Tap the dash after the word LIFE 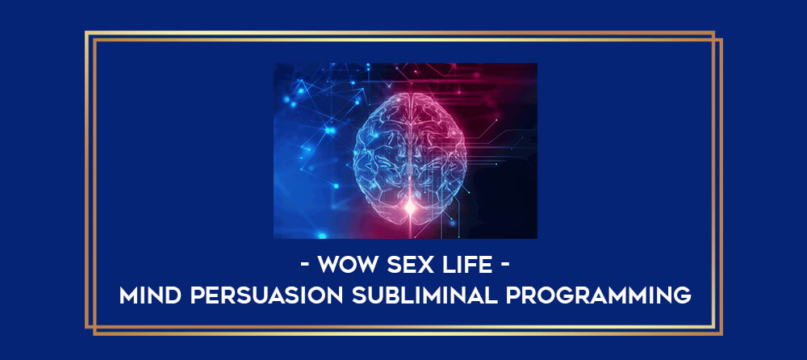pyautogui.click(x=504, y=266)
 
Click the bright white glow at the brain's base pyautogui.click(x=410, y=207)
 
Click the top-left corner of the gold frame pyautogui.click(x=86, y=32)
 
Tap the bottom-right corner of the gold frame pyautogui.click(x=721, y=334)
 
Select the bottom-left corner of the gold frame pyautogui.click(x=86, y=328)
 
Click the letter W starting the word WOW pyautogui.click(x=328, y=266)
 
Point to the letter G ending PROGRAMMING pyautogui.click(x=683, y=295)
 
